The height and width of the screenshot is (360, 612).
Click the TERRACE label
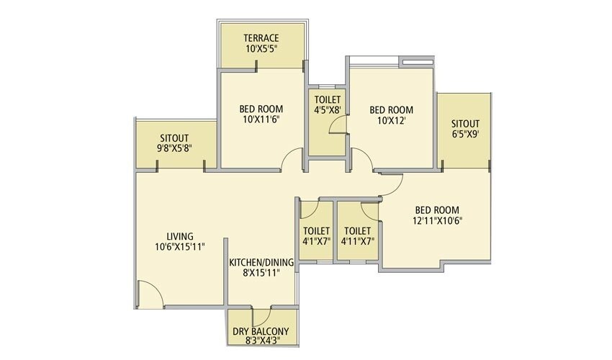(x=261, y=38)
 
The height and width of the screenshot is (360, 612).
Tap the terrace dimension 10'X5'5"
(x=261, y=49)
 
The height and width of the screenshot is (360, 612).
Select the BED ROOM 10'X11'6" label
(x=261, y=110)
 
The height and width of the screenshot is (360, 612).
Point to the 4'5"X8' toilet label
(x=326, y=105)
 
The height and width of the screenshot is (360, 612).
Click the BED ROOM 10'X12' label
(x=391, y=110)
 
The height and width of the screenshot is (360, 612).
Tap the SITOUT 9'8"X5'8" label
(x=174, y=143)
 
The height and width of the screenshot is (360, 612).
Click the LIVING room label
(x=179, y=236)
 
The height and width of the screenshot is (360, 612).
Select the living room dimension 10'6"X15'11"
(x=179, y=246)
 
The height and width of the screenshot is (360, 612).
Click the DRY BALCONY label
(x=261, y=331)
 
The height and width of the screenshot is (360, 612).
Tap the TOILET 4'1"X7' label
(x=316, y=236)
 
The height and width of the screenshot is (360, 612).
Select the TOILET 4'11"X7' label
(x=357, y=236)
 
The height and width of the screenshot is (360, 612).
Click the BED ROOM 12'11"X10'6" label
(x=437, y=215)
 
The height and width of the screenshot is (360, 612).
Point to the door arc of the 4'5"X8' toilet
(x=337, y=126)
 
